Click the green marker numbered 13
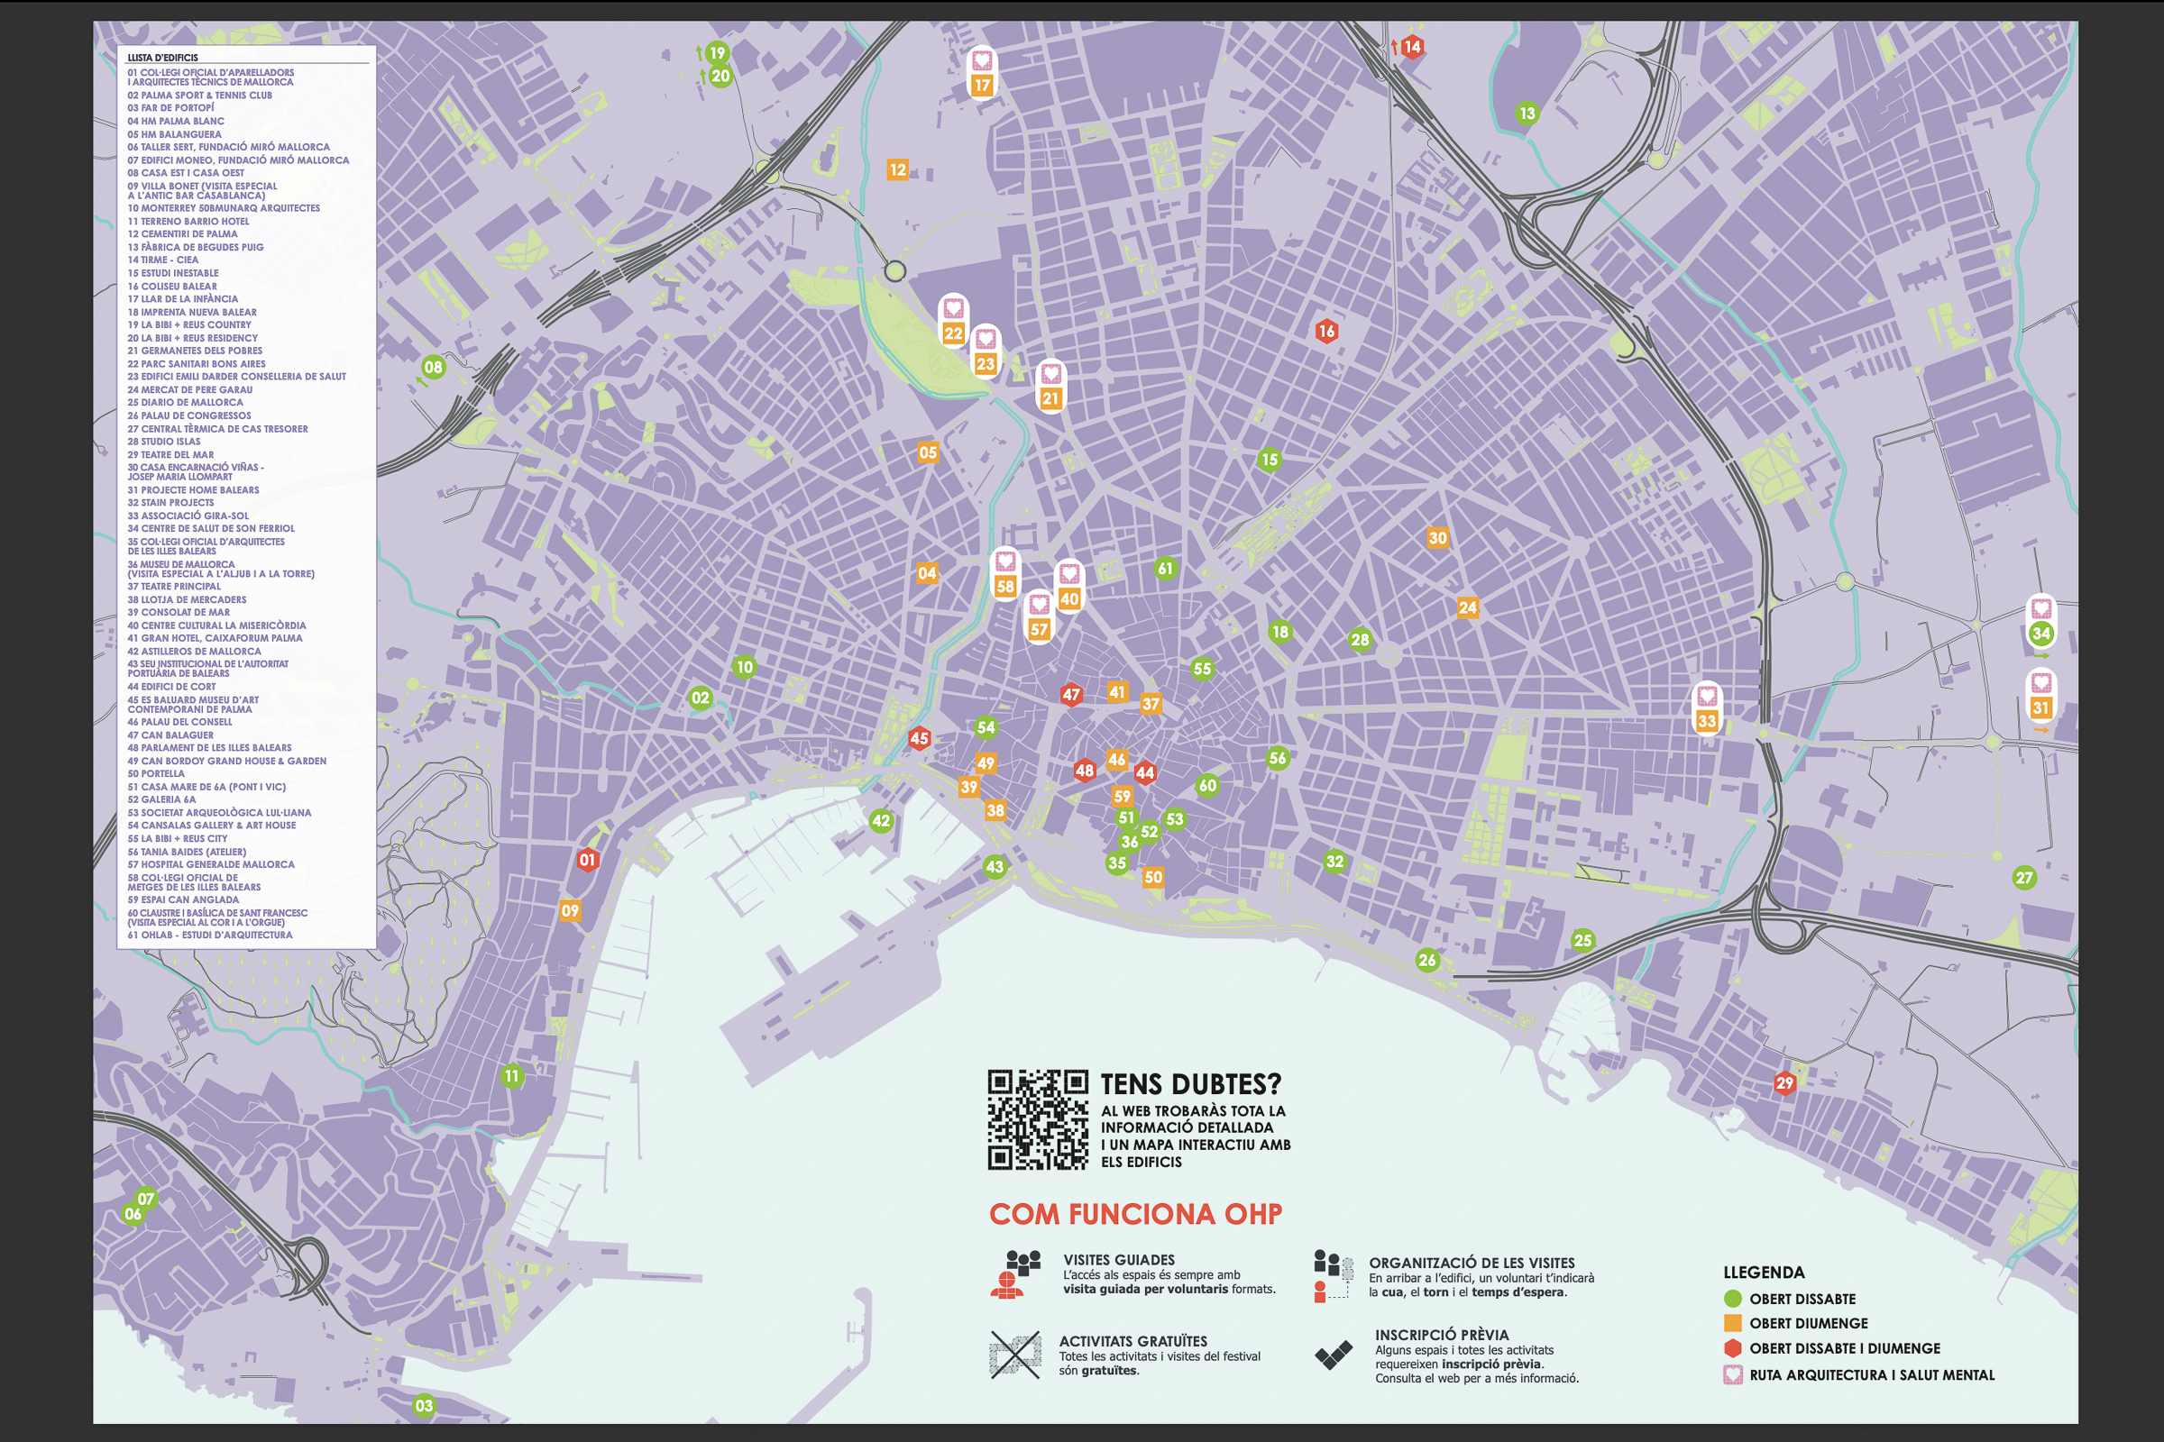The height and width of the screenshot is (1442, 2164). point(1527,114)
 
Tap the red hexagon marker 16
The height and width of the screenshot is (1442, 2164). point(1325,331)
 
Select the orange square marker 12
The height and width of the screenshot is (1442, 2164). point(897,169)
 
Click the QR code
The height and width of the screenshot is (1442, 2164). point(1038,1119)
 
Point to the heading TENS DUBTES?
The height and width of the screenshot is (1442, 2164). point(1190,1084)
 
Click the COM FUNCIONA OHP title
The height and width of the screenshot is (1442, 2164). point(1135,1214)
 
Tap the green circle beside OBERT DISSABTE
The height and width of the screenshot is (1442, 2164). point(1732,1299)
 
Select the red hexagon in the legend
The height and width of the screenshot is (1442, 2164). point(1732,1348)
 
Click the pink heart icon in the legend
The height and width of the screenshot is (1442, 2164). point(1732,1375)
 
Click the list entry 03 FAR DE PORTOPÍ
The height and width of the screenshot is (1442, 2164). point(170,107)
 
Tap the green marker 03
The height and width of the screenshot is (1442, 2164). point(423,1405)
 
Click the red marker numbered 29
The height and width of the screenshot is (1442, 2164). point(1785,1083)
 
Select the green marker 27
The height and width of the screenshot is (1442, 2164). point(2024,877)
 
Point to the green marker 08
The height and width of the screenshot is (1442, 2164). point(433,367)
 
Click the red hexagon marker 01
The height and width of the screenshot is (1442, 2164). point(587,860)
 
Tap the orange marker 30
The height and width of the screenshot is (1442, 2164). point(1437,538)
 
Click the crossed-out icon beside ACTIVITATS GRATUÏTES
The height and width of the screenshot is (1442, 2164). point(1015,1355)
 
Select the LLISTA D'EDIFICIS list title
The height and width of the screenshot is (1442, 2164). point(162,57)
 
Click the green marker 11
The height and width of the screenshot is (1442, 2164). point(511,1076)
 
